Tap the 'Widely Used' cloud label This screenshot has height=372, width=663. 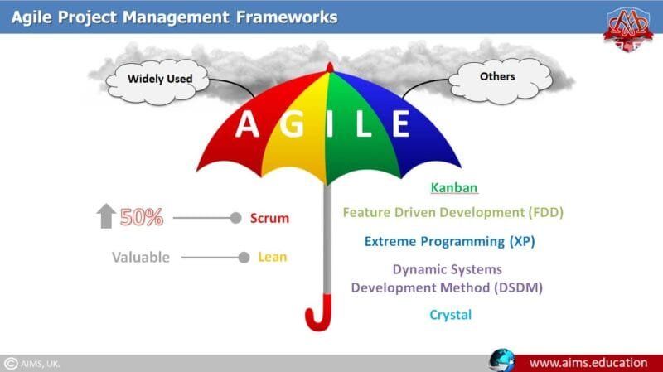pyautogui.click(x=160, y=80)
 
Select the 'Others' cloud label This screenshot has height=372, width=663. pyautogui.click(x=497, y=77)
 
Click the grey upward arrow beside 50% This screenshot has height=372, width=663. pyautogui.click(x=105, y=217)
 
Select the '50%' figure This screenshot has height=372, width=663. pyautogui.click(x=142, y=218)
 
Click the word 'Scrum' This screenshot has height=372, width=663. pyautogui.click(x=269, y=219)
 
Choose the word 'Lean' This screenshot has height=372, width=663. pyautogui.click(x=272, y=258)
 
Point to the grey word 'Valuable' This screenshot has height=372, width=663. pyautogui.click(x=141, y=258)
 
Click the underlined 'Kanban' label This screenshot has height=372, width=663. pyautogui.click(x=454, y=189)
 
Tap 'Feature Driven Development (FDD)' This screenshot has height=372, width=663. pyautogui.click(x=452, y=213)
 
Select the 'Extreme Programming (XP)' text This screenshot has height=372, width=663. pyautogui.click(x=450, y=242)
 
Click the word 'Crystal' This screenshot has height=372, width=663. pyautogui.click(x=451, y=315)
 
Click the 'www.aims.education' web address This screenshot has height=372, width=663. pyautogui.click(x=589, y=362)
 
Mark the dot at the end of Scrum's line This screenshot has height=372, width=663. pyautogui.click(x=235, y=219)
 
